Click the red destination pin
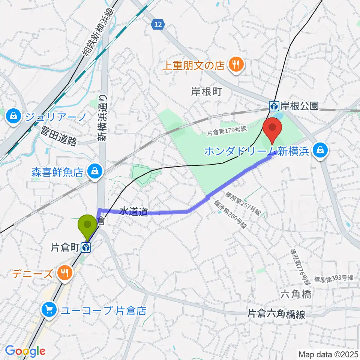pyautogui.click(x=273, y=129)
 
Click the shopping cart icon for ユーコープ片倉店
pyautogui.click(x=49, y=309)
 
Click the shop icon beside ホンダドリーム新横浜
pyautogui.click(x=321, y=150)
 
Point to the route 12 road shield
pyautogui.click(x=158, y=24)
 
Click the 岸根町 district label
pyautogui.click(x=207, y=91)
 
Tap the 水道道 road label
pyautogui.click(x=133, y=212)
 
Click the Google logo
pyautogui.click(x=25, y=351)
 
